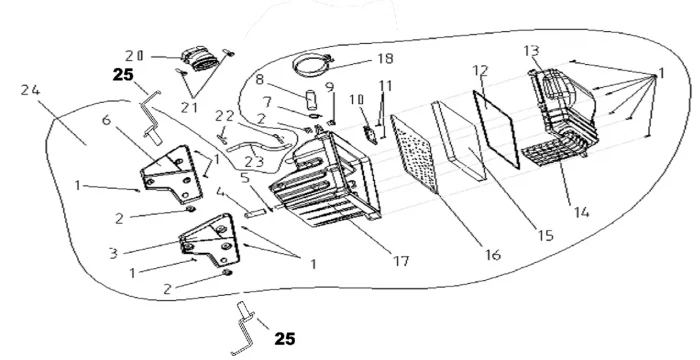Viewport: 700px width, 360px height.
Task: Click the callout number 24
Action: point(30,90)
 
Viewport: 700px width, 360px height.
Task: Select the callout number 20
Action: point(134,56)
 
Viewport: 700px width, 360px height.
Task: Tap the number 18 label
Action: point(385,59)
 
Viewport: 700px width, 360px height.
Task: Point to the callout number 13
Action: point(531,51)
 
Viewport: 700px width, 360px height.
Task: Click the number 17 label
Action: point(401,261)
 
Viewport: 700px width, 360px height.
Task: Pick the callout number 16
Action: point(493,255)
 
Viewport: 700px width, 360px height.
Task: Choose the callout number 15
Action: point(546,235)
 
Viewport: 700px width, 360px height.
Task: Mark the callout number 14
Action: point(581,212)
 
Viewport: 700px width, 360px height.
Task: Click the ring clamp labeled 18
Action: point(312,66)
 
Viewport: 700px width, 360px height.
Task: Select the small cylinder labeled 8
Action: point(311,99)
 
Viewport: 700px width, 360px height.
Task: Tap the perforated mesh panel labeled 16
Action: point(413,153)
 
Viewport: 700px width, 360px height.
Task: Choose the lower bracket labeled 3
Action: point(210,239)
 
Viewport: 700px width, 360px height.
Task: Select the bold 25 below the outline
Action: point(284,339)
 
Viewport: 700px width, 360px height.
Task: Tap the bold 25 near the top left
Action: point(123,75)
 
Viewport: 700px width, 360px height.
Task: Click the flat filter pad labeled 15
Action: point(458,140)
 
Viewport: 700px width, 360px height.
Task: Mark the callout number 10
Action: point(356,100)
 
